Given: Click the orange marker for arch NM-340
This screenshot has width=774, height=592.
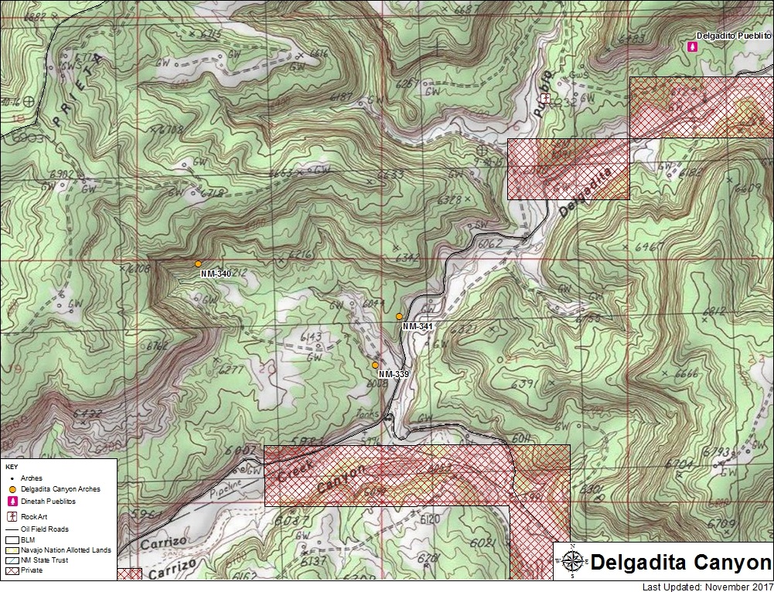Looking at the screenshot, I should pyautogui.click(x=198, y=264).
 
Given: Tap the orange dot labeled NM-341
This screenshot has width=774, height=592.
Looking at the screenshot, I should pyautogui.click(x=399, y=317).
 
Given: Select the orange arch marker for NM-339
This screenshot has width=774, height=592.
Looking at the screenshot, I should pyautogui.click(x=375, y=365).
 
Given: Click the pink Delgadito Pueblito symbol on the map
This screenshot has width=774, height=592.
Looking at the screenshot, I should pyautogui.click(x=691, y=47).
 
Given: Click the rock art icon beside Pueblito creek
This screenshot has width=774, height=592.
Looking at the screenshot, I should pyautogui.click(x=545, y=99).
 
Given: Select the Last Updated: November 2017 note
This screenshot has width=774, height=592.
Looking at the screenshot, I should pyautogui.click(x=707, y=587).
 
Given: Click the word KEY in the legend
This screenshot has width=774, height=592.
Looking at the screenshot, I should pyautogui.click(x=12, y=468).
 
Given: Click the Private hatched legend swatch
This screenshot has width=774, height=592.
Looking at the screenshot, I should pyautogui.click(x=12, y=570).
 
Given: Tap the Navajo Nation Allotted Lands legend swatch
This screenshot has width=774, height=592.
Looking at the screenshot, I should pyautogui.click(x=12, y=549).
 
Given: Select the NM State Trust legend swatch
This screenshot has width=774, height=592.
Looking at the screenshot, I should pyautogui.click(x=12, y=560).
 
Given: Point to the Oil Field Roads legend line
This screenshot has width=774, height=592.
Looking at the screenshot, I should pyautogui.click(x=12, y=529).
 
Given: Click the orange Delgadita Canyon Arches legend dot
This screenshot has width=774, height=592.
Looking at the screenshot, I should pyautogui.click(x=12, y=489).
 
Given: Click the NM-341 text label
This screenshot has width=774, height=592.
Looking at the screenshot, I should pyautogui.click(x=418, y=327).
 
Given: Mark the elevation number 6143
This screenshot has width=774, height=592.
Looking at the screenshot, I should pyautogui.click(x=309, y=337).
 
